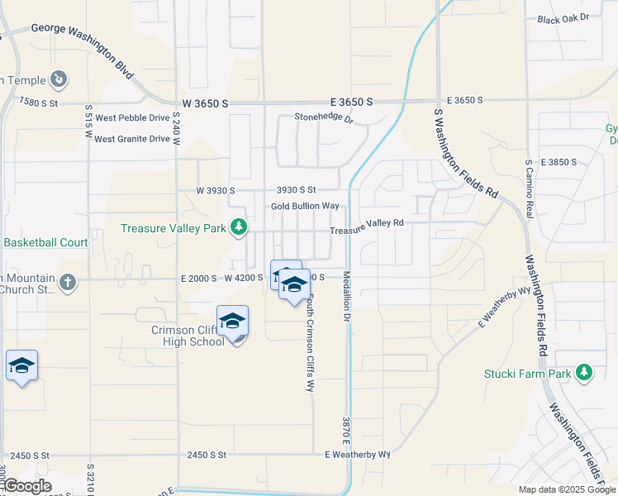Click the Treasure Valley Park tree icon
tap(239, 227)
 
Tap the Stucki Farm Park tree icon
tap(585, 373)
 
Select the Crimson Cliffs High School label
tap(183, 336)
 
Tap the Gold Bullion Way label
tap(305, 206)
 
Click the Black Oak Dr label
tap(563, 18)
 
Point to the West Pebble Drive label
tap(132, 118)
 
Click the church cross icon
tap(68, 283)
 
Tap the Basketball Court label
tap(45, 243)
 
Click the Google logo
tap(27, 486)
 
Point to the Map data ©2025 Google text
tap(567, 489)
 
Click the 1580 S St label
tap(40, 103)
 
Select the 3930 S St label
tap(297, 190)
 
